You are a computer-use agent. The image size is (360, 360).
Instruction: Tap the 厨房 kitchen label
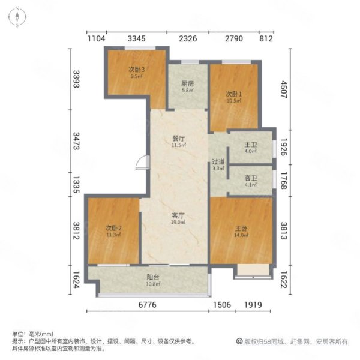(x=187, y=84)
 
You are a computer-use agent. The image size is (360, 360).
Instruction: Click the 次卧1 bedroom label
(x=233, y=94)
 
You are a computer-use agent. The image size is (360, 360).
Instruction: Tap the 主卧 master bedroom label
(x=241, y=229)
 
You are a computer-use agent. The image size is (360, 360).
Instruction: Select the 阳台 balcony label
(x=153, y=277)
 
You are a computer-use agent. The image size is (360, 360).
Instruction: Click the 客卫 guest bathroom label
(x=250, y=178)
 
